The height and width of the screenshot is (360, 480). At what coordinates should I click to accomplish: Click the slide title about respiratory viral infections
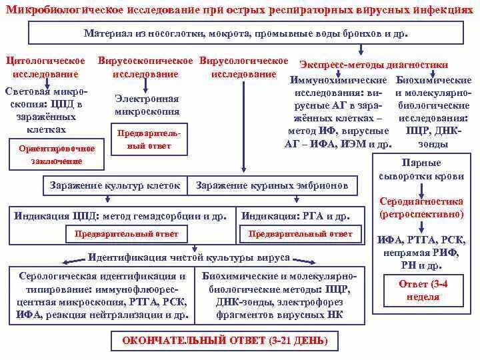(x=239, y=9)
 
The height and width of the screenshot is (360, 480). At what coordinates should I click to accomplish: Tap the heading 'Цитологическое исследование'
(x=45, y=67)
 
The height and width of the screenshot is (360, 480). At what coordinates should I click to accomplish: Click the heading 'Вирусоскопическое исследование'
(x=146, y=67)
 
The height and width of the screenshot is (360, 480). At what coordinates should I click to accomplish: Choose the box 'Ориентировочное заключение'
(x=57, y=155)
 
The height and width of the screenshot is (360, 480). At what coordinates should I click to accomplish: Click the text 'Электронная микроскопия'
(x=147, y=105)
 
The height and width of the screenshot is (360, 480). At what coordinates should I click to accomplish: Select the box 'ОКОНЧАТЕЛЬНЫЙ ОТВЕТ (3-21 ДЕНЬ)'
(x=225, y=341)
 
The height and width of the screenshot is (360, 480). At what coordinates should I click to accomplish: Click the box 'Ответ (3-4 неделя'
(x=423, y=291)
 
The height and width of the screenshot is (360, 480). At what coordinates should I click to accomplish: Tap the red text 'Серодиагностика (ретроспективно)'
(x=421, y=208)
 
